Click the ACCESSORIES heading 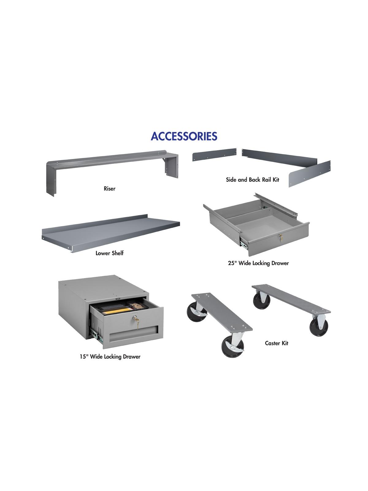click(184, 136)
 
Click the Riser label click(109, 188)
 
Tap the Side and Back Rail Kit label click(252, 180)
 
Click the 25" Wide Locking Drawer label click(258, 263)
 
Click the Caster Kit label click(277, 343)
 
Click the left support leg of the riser click(50, 181)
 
